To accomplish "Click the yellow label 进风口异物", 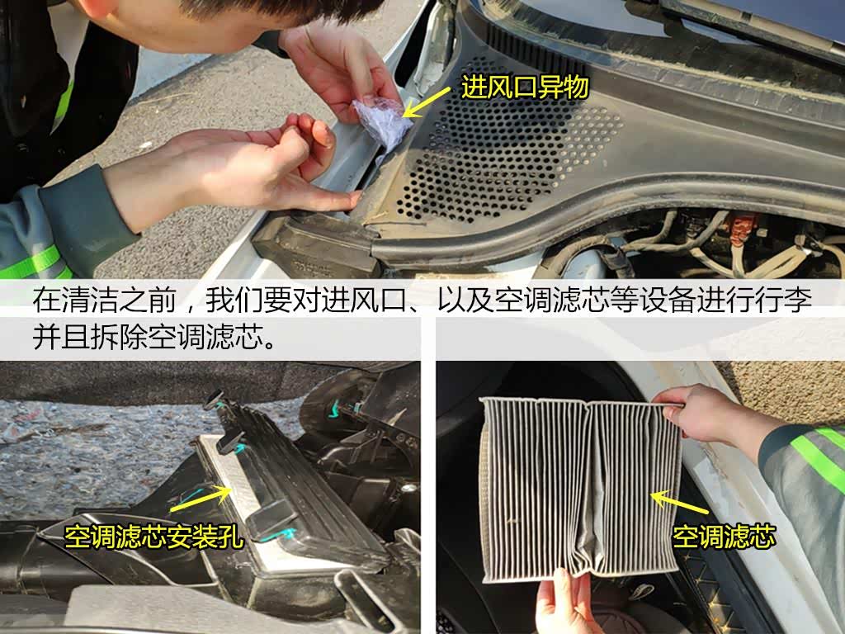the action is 524,88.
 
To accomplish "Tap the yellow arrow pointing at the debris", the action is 427,103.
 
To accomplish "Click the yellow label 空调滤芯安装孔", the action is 153,537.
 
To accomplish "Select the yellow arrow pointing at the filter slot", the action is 200,499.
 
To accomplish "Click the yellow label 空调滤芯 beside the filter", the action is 724,537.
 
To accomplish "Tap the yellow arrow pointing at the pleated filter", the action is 680,502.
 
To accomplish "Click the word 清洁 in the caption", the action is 90,300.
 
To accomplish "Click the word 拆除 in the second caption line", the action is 119,337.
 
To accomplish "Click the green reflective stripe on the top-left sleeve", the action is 64,106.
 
